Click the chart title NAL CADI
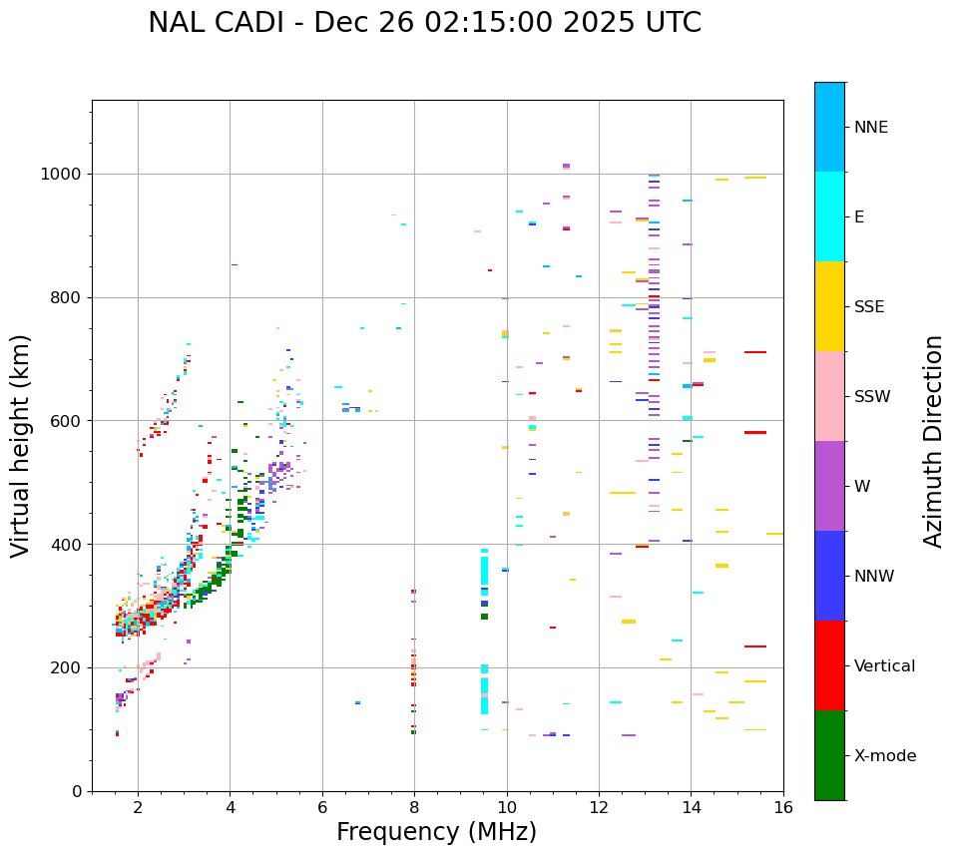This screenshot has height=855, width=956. (424, 23)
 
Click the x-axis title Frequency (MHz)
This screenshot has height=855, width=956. (436, 832)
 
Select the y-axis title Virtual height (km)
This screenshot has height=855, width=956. (21, 445)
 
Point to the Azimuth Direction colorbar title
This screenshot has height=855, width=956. (933, 441)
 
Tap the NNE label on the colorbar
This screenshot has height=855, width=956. (870, 128)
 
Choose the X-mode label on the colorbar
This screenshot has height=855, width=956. (884, 756)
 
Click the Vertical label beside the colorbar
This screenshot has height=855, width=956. (884, 666)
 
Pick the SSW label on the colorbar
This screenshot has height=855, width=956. (872, 397)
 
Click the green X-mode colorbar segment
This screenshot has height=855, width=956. (829, 755)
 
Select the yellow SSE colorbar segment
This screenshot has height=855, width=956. (829, 306)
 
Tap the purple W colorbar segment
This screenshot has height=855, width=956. (829, 486)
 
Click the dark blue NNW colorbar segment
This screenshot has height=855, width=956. (829, 576)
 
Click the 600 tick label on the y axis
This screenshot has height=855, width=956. (67, 421)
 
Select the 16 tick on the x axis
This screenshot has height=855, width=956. (783, 807)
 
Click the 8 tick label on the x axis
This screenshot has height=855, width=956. (414, 807)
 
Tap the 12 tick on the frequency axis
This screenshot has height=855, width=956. (599, 807)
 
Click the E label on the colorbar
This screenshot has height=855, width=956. (859, 217)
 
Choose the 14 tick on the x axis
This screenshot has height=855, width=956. (691, 807)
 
